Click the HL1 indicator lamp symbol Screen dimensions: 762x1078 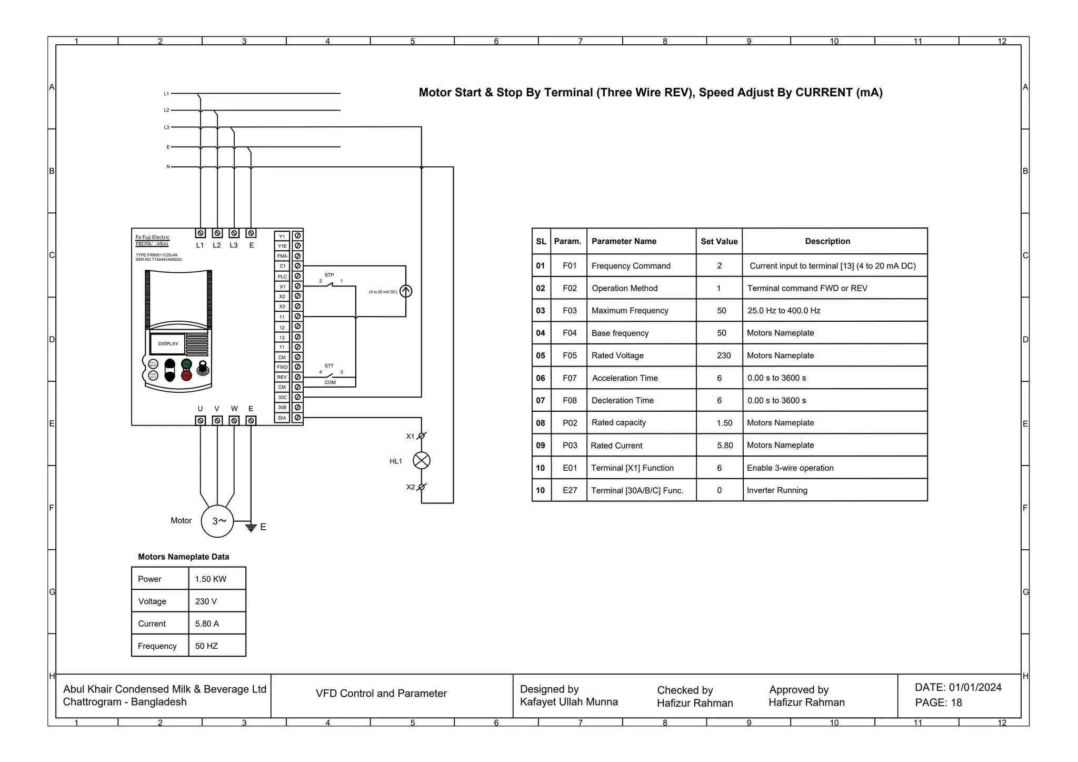click(x=421, y=461)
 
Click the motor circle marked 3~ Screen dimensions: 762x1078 click(x=217, y=521)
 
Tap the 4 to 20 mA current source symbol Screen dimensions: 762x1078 click(x=406, y=291)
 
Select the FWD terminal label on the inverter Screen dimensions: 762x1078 click(x=282, y=367)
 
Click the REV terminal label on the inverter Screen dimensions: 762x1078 click(x=282, y=377)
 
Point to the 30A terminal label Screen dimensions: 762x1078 click(x=282, y=418)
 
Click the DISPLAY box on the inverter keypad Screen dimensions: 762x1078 click(x=168, y=344)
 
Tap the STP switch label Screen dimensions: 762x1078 click(x=329, y=275)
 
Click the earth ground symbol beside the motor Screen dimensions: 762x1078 click(x=251, y=527)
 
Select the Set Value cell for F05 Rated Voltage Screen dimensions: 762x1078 click(x=723, y=355)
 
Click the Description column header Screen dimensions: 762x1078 click(x=827, y=241)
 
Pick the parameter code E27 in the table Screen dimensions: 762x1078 click(x=570, y=490)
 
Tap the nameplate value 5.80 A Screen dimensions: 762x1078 click(x=207, y=624)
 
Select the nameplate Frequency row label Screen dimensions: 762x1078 click(x=157, y=646)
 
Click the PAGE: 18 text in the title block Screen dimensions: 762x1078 click(x=939, y=702)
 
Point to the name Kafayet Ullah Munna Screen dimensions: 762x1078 click(x=568, y=702)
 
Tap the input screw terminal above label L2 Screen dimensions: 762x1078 click(x=217, y=233)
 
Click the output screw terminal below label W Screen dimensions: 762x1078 click(x=234, y=420)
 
